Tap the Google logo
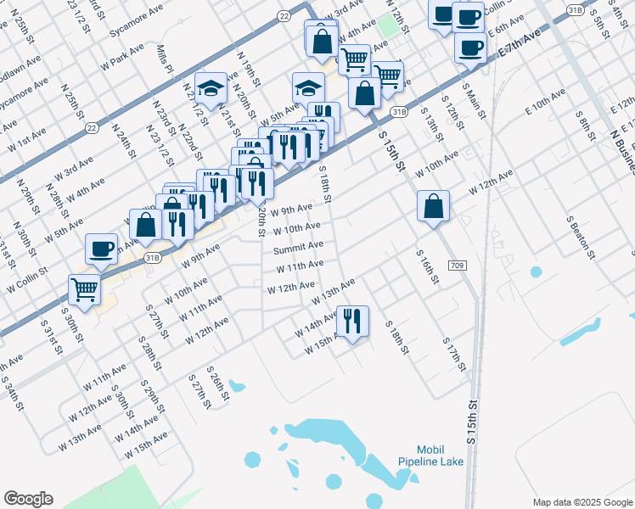tap(28, 499)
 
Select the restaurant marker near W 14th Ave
tap(352, 322)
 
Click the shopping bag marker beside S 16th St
tap(433, 206)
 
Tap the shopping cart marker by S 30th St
tap(85, 288)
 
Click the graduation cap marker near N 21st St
tap(210, 87)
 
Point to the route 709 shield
tap(457, 266)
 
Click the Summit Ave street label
tap(298, 247)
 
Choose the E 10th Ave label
tap(545, 99)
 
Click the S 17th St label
tap(455, 354)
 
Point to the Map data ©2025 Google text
tap(582, 501)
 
